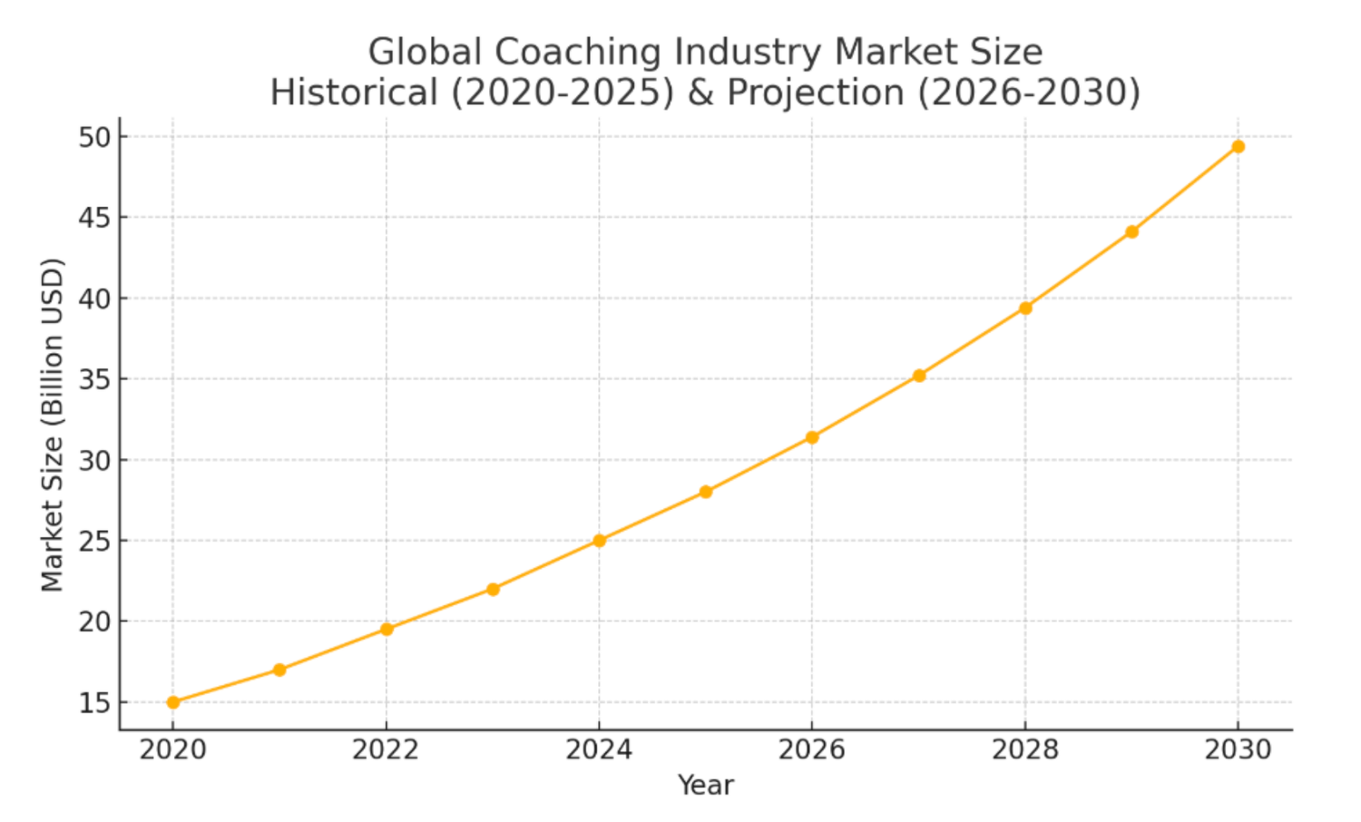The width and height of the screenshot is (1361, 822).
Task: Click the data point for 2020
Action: coord(173,702)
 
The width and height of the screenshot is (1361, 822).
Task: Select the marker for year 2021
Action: coord(279,670)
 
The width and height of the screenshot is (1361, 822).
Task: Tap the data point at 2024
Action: coord(599,541)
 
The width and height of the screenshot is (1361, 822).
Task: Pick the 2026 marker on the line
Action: coord(812,437)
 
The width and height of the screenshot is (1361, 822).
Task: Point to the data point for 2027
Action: coord(919,376)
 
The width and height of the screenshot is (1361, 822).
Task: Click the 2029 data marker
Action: coord(1131,232)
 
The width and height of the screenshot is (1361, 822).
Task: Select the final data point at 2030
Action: coord(1238,147)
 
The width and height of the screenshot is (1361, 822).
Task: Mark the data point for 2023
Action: coord(493,590)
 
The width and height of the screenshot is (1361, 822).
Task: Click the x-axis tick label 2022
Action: coord(386,750)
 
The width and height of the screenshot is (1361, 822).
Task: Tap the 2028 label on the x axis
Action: coord(1025,750)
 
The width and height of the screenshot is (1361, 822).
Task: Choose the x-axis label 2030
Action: coord(1238,750)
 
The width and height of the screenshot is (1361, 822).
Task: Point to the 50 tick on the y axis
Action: coord(94,138)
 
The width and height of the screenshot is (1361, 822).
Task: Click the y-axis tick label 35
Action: coord(94,379)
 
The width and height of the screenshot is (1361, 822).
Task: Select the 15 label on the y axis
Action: coord(94,703)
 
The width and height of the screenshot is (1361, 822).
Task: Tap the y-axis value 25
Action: coord(94,542)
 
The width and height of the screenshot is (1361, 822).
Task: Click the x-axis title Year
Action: coord(705,786)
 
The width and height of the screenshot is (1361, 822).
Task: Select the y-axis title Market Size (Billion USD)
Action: coord(53,425)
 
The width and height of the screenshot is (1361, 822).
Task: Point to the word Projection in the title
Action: coord(816,93)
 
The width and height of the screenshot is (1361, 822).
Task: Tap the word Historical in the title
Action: coord(354,93)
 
